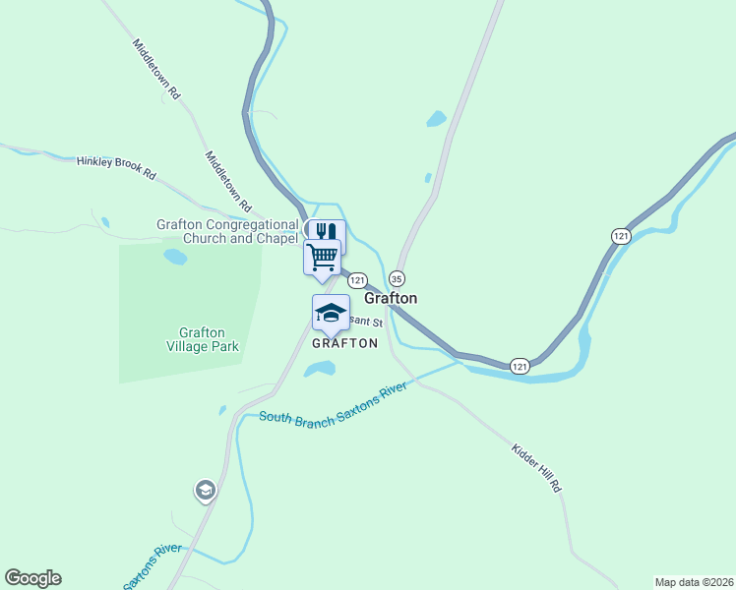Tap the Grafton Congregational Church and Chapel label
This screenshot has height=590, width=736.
coord(227,231)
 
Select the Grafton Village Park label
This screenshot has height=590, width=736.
coord(203,339)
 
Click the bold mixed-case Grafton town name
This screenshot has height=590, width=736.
coord(391,298)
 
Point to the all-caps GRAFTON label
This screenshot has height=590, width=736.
coord(344,343)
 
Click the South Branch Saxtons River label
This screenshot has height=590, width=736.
coord(334,404)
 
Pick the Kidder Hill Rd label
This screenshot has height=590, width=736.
coord(536,467)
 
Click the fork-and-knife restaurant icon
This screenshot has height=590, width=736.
coord(327,232)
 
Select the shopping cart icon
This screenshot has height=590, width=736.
coord(322,257)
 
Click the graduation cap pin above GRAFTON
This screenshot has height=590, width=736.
coord(331,313)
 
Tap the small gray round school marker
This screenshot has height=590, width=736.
coord(205,490)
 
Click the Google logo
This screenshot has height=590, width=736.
coord(32,578)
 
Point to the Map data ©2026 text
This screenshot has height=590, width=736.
coord(693,582)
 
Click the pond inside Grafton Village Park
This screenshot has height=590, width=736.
coord(175,258)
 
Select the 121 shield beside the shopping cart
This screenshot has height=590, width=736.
coord(357,279)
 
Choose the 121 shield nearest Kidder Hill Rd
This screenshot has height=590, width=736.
coord(521,366)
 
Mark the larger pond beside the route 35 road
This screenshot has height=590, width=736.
coord(436,120)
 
